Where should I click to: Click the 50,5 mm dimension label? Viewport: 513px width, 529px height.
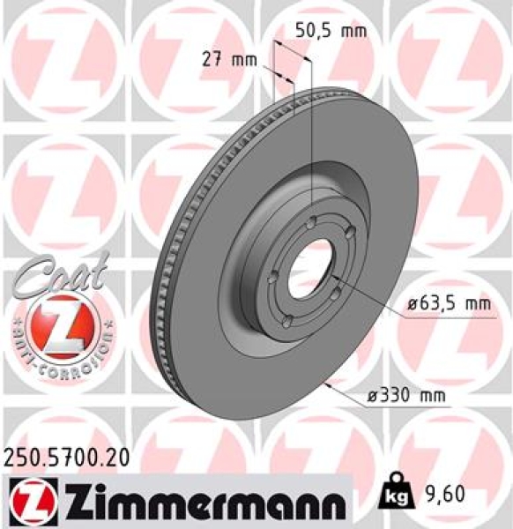point(327,29)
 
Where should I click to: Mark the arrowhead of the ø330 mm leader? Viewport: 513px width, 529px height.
point(327,385)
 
